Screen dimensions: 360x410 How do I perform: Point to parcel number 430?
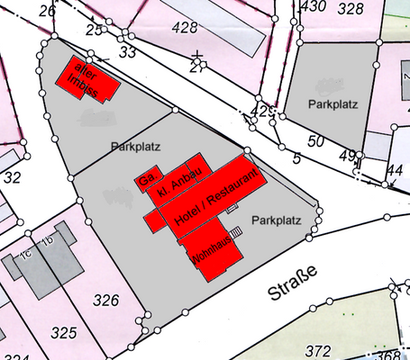point(313,7)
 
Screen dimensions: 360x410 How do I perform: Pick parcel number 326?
point(105,300)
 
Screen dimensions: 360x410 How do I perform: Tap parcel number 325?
point(63,334)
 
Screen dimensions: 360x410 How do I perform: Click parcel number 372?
point(318,350)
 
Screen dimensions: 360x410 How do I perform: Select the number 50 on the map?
point(314,141)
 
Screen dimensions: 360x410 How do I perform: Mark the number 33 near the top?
point(127,53)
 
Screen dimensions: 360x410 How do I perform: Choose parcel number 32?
point(13,178)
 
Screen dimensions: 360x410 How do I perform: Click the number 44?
point(394,170)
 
